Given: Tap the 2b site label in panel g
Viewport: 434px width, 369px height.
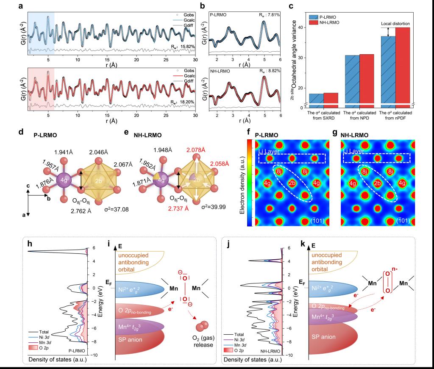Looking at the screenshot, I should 376,183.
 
